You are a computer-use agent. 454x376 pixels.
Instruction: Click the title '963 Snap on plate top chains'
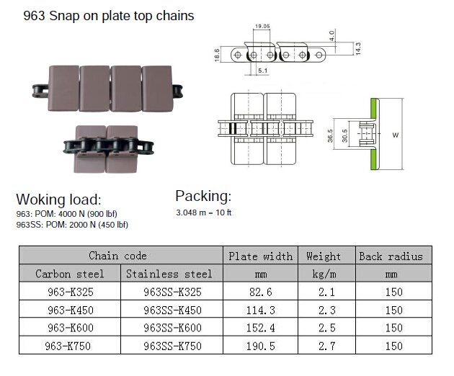pos(99,15)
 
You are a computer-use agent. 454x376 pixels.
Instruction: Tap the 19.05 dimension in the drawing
pos(262,27)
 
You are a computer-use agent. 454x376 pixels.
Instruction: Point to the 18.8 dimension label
pos(218,54)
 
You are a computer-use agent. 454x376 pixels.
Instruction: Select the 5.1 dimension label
pos(262,71)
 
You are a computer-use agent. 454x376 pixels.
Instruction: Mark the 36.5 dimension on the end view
pos(331,135)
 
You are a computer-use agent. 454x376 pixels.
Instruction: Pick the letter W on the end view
pos(396,135)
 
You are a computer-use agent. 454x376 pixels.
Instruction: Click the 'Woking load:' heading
pos(58,200)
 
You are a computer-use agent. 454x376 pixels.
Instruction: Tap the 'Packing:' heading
pos(203,196)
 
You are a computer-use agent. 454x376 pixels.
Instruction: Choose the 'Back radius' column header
pos(391,256)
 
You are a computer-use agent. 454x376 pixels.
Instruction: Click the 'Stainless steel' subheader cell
pos(169,274)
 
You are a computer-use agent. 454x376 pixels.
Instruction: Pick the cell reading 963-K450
pos(71,310)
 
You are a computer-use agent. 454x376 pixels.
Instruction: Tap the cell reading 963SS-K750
pos(172,346)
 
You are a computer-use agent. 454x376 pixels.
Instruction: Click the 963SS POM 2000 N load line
pos(72,225)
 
